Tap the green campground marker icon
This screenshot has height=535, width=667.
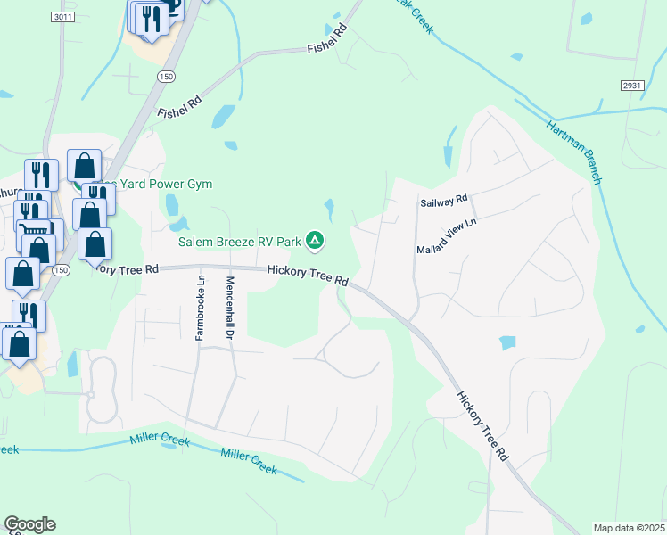(x=315, y=239)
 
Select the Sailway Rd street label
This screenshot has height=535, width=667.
(x=443, y=202)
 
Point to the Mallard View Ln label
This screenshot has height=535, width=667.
(x=448, y=236)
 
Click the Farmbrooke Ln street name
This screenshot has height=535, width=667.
(x=200, y=308)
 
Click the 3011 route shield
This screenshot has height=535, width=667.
(x=62, y=17)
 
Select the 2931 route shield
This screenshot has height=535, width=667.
(x=632, y=84)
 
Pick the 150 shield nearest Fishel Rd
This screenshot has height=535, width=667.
(x=165, y=78)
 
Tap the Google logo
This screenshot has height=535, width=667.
(x=29, y=524)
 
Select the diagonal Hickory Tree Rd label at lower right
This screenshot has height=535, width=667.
(x=482, y=424)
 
